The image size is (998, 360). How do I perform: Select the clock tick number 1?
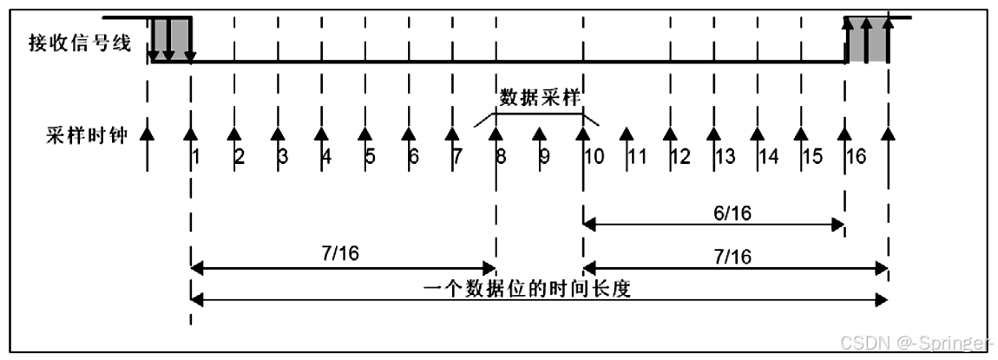click(197, 157)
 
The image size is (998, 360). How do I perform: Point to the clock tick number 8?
click(501, 157)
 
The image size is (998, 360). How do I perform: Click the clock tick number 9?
click(544, 157)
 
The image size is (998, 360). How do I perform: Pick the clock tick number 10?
click(594, 157)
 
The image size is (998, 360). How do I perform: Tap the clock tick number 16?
click(856, 157)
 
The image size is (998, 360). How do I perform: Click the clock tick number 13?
click(725, 157)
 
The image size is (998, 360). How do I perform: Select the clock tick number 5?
click(370, 157)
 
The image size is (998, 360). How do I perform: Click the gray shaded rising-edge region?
click(867, 39)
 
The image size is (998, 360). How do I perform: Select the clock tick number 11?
click(637, 157)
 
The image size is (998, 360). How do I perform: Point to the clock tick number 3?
click(282, 157)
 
